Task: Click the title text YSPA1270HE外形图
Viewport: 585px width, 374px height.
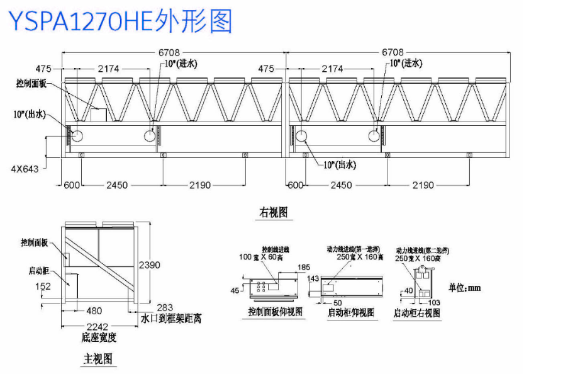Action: pos(120,21)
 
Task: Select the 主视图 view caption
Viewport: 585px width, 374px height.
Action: pos(98,359)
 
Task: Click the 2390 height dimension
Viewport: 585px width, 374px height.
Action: pos(149,264)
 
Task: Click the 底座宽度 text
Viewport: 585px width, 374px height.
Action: pos(99,337)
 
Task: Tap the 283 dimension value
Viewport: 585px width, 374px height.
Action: pos(165,308)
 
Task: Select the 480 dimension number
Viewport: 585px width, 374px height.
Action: pos(94,310)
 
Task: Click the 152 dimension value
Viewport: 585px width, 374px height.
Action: pos(43,286)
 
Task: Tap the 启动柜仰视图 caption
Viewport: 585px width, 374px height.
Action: pos(351,312)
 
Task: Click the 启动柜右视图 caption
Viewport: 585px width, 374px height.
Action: pos(416,312)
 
